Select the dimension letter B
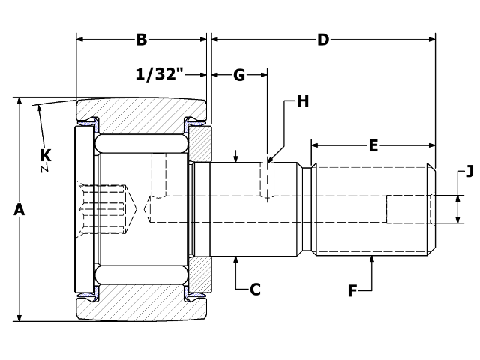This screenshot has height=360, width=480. [141, 40]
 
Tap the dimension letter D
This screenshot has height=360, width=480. [323, 40]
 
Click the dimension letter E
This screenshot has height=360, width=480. [373, 145]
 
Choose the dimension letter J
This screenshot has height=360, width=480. [469, 172]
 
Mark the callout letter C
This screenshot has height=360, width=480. [255, 289]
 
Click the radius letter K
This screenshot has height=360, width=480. [46, 156]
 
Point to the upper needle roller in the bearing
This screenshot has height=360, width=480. [142, 143]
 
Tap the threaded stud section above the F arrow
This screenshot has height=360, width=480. [373, 210]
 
